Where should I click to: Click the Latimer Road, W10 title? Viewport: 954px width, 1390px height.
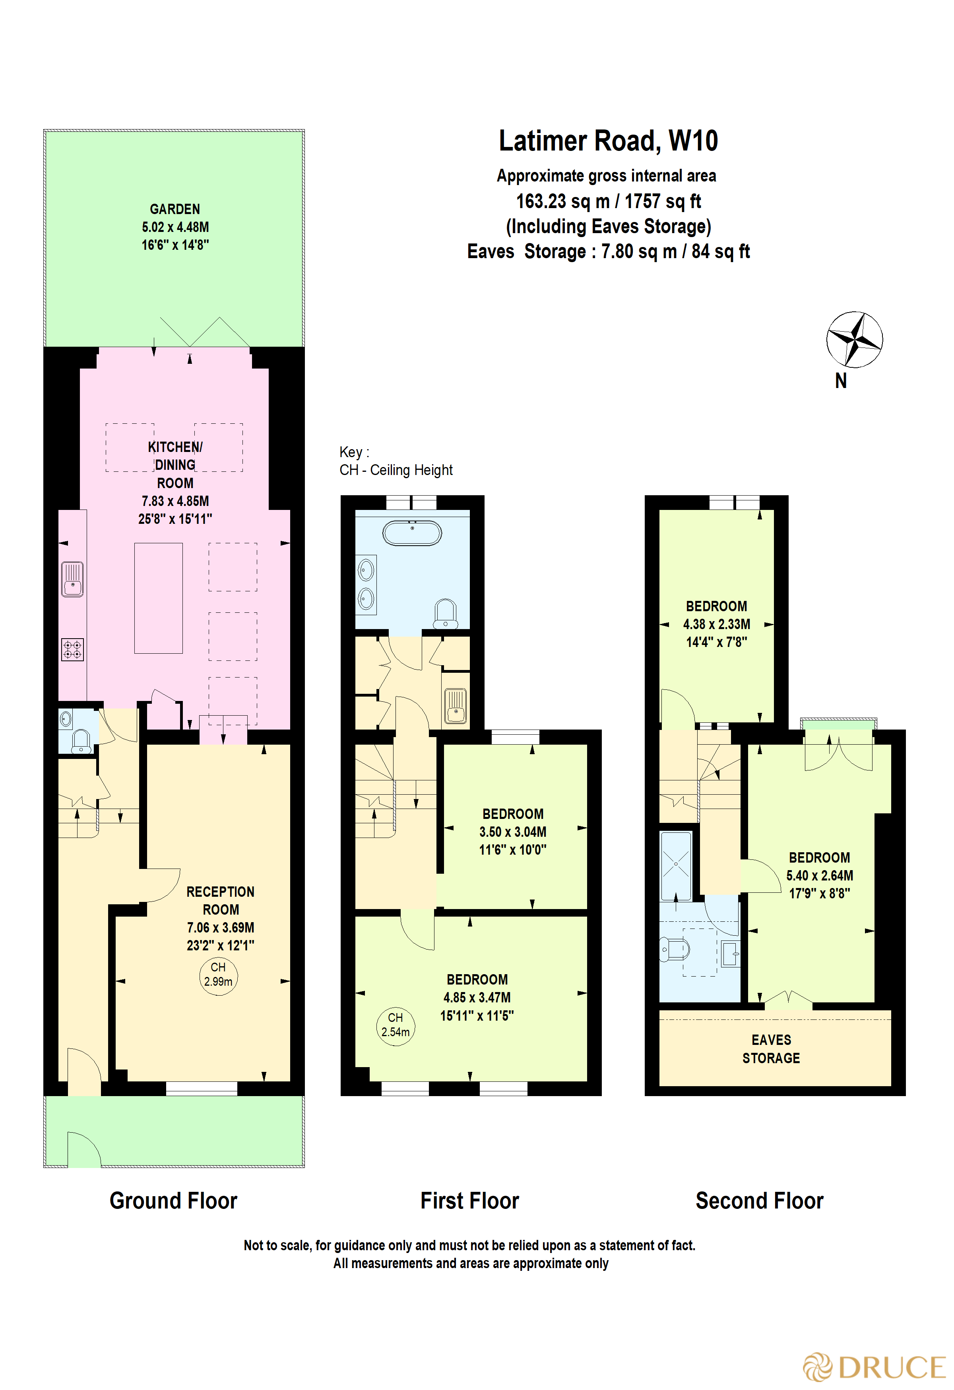coord(608,141)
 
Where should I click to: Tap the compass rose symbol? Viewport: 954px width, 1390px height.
coord(854,339)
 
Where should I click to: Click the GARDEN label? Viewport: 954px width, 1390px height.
coord(175,209)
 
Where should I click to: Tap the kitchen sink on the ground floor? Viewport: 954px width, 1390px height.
coord(72,579)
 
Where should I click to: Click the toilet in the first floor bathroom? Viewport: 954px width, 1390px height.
coord(445,614)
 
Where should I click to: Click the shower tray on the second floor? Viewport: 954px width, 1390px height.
coord(676,865)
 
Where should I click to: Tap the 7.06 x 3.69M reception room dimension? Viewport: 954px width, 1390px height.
coord(220,928)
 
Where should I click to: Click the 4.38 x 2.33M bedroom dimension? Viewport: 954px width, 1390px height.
coord(716,624)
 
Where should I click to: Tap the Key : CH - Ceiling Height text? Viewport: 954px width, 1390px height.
coord(396,461)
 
